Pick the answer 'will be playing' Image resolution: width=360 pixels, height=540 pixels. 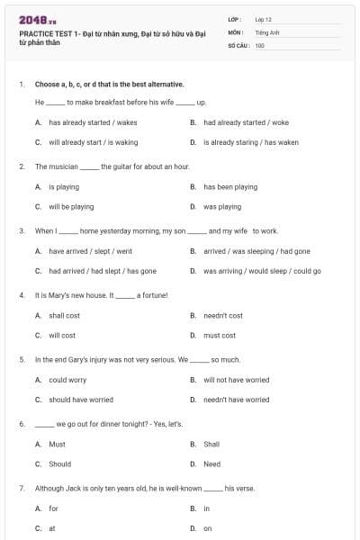(x=71, y=206)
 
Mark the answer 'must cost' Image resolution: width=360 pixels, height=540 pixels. (x=220, y=336)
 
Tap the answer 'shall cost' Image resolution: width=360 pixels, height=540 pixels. (x=64, y=316)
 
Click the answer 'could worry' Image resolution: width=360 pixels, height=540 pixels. (x=67, y=380)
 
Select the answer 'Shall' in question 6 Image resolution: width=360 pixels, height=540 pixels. (x=211, y=444)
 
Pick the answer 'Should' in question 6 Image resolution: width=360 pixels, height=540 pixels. (x=59, y=464)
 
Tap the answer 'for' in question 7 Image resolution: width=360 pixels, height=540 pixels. (x=53, y=508)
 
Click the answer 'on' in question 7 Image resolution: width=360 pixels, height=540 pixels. (x=208, y=528)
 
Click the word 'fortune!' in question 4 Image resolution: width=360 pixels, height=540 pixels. (x=152, y=294)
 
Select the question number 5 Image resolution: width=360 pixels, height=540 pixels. (x=21, y=359)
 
